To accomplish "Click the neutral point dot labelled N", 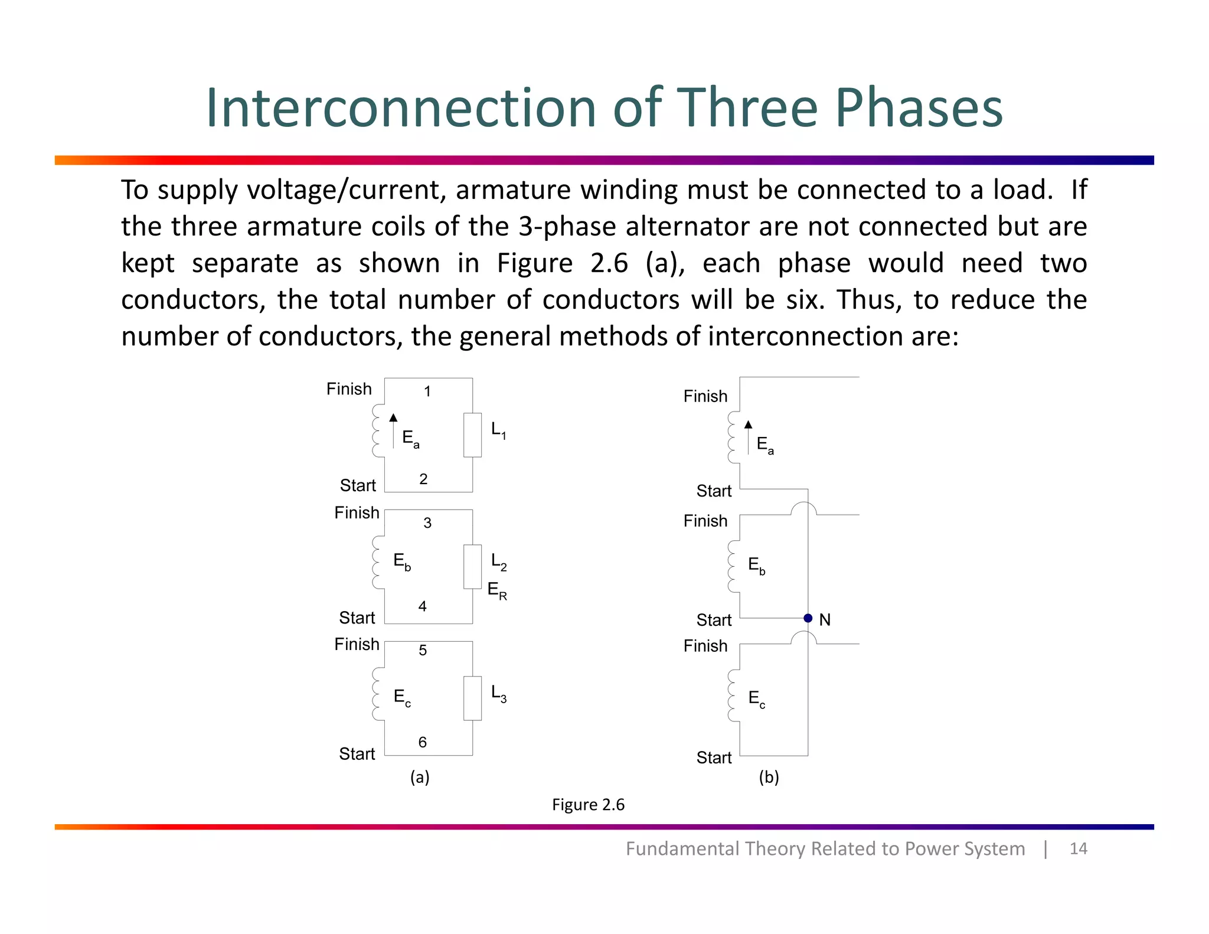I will pyautogui.click(x=808, y=618).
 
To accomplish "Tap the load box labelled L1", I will pyautogui.click(x=472, y=435).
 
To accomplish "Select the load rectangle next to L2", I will pyautogui.click(x=472, y=567).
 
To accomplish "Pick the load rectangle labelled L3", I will pyautogui.click(x=472, y=698).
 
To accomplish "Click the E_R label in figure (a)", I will pyautogui.click(x=497, y=590).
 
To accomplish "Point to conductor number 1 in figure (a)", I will pyautogui.click(x=427, y=391).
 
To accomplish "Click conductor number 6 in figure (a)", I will pyautogui.click(x=423, y=742).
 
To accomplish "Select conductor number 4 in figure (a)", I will pyautogui.click(x=423, y=606).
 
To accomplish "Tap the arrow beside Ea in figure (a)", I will pyautogui.click(x=393, y=431).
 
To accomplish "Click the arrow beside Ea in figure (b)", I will pyautogui.click(x=748, y=437).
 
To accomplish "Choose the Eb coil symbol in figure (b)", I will pyautogui.click(x=732, y=566).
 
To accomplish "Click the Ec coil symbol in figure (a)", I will pyautogui.click(x=377, y=694).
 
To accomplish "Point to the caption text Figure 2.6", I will pyautogui.click(x=588, y=805).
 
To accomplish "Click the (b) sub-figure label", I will pyautogui.click(x=769, y=777).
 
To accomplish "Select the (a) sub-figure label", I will pyautogui.click(x=420, y=777).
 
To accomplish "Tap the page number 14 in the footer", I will pyautogui.click(x=1078, y=849).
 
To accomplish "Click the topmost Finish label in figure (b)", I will pyautogui.click(x=705, y=396).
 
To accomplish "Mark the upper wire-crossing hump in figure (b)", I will pyautogui.click(x=803, y=508).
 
